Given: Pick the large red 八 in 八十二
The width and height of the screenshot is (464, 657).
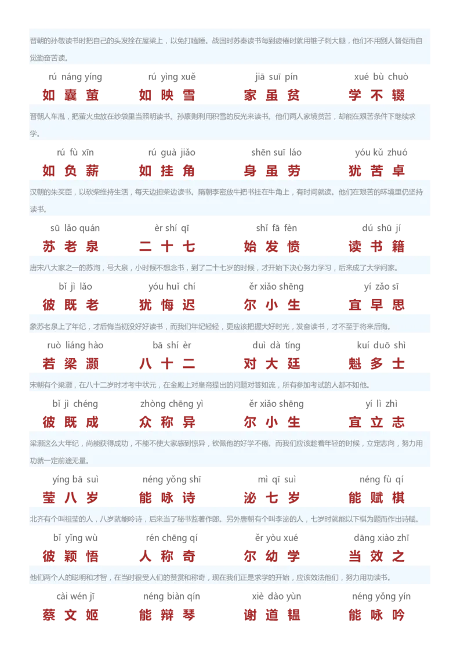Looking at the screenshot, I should [146, 364].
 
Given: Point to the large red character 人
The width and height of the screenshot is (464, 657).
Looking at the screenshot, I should [146, 556].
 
